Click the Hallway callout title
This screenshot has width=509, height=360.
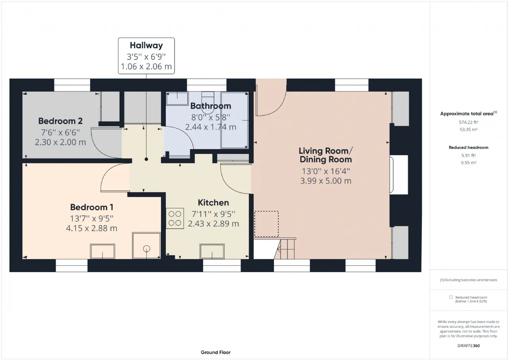[x=146, y=45]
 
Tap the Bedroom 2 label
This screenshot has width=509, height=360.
[x=60, y=121]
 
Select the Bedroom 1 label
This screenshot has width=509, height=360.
[x=91, y=207]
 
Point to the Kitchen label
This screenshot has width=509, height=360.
[x=213, y=203]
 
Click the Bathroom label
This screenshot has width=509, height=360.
[x=211, y=106]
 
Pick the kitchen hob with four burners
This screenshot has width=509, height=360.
[x=175, y=218]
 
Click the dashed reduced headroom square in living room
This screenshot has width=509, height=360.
[x=266, y=224]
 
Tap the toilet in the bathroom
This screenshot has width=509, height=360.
[x=208, y=103]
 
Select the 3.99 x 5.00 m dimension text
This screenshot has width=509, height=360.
[x=326, y=181]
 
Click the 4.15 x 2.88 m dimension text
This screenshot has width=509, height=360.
[x=91, y=228]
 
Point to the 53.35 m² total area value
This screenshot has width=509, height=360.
[x=468, y=130]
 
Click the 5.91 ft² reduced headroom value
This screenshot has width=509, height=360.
[x=468, y=156]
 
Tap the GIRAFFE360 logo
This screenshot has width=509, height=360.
[x=468, y=346]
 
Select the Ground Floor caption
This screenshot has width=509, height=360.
[x=216, y=352]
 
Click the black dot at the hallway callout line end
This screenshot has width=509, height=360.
[x=146, y=160]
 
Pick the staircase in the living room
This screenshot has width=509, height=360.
[x=285, y=248]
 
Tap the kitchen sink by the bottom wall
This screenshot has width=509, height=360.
[x=212, y=251]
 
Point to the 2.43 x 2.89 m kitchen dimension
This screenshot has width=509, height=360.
[x=213, y=224]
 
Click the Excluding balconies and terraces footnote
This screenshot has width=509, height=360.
[x=468, y=280]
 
